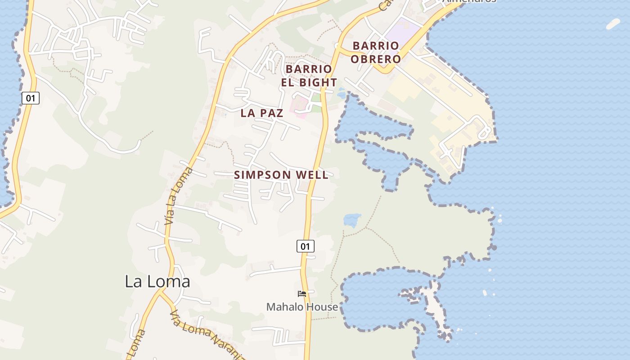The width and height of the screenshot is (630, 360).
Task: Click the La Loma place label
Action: coord(157,282)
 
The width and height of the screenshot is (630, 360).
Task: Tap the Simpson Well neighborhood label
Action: coord(281,175)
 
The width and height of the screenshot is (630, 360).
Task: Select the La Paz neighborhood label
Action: coord(261,113)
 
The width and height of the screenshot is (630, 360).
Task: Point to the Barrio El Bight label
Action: coord(309,76)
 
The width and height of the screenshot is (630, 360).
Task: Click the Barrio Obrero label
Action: coord(376,52)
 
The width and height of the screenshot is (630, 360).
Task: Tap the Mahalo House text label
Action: coord(302,307)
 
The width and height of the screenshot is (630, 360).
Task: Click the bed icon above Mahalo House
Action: coord(302,294)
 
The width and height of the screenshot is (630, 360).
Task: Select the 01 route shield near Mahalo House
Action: coord(305,246)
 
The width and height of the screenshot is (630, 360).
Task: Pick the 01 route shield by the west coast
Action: coord(30,98)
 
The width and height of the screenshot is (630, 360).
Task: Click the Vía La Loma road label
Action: coord(178,196)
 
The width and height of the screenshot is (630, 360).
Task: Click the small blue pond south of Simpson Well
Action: coord(352,220)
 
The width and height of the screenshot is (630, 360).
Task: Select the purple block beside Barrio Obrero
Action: coord(403,32)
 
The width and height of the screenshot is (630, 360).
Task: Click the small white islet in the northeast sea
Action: coord(613,24)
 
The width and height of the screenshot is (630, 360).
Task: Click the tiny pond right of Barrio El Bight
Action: coord(342,94)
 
